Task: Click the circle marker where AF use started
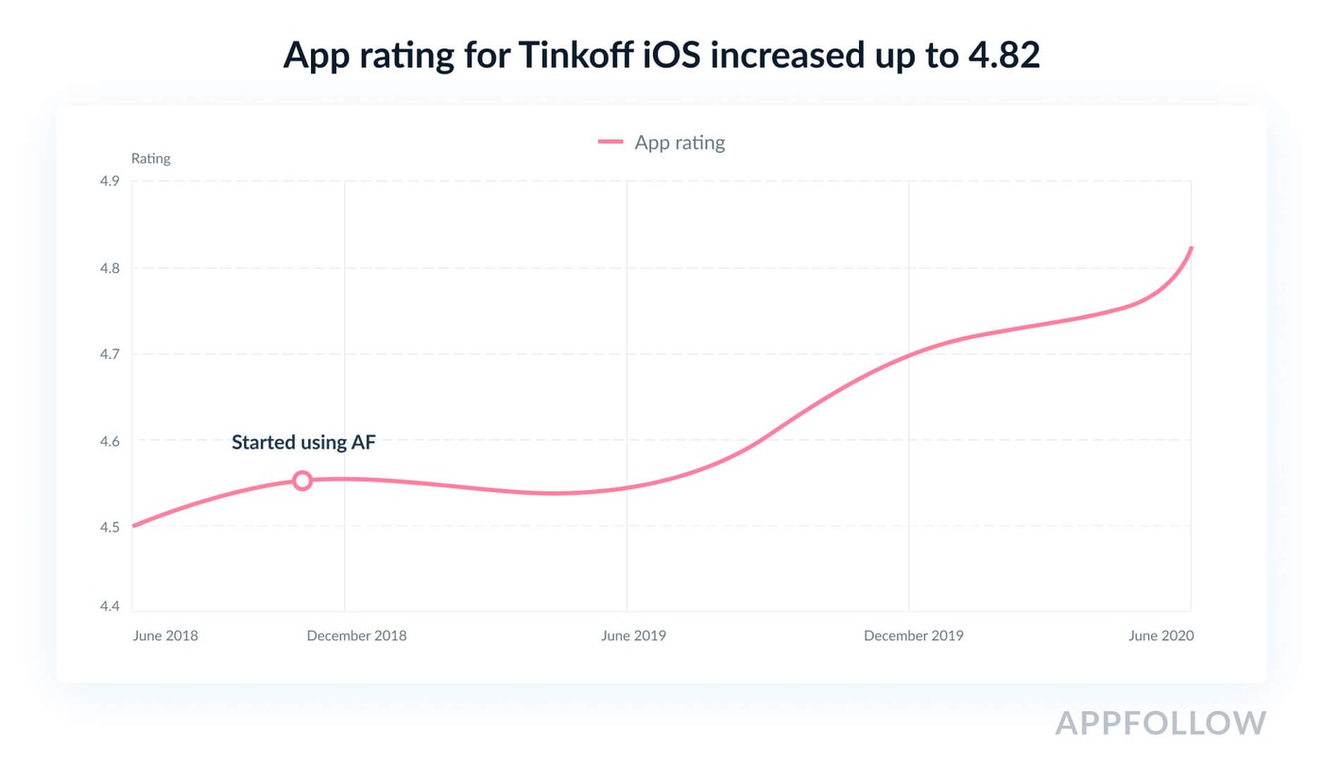coord(301,481)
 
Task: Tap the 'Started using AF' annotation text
coord(303,442)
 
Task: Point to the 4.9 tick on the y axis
coord(110,181)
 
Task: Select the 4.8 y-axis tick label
coord(110,268)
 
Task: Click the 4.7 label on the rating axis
coord(110,354)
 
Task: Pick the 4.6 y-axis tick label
coord(110,441)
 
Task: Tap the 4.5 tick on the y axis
coord(110,527)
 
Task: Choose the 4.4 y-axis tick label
coord(110,606)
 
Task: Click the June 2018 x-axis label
coord(165,636)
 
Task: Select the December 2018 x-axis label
coord(356,636)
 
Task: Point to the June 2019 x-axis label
coord(633,636)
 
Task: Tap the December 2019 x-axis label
coord(913,636)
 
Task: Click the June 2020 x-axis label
coord(1160,636)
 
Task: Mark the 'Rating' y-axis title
coord(150,159)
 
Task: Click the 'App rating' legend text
coord(679,143)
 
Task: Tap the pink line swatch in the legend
coord(610,143)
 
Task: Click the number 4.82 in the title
coord(1004,56)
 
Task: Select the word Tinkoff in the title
coord(576,56)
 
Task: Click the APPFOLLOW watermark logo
coord(1160,722)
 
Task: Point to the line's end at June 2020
coord(1191,248)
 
